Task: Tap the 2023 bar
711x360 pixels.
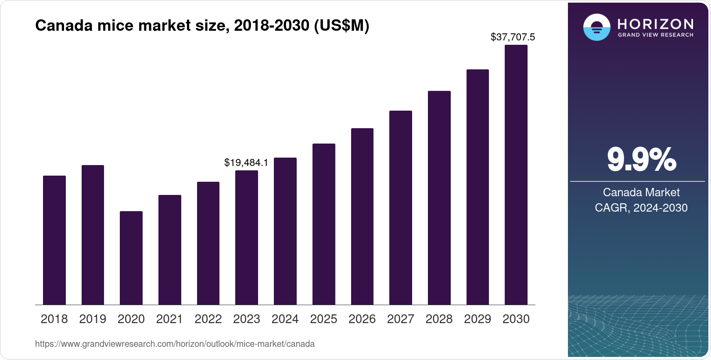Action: tap(246, 238)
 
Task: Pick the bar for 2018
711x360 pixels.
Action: tap(54, 240)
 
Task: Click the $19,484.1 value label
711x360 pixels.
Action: tap(246, 162)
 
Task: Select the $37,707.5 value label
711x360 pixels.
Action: tap(513, 37)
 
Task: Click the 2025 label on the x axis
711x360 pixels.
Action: tap(323, 319)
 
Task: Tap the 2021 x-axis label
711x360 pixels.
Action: tap(169, 319)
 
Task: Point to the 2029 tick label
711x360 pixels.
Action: tap(478, 319)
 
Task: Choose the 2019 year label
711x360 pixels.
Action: tap(93, 319)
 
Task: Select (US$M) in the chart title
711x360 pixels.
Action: tap(341, 26)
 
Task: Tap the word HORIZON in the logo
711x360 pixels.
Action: tap(655, 24)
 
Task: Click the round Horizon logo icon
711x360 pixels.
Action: tap(596, 27)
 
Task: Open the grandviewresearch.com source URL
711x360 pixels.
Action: tap(175, 344)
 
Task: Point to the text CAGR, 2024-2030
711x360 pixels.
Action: tap(641, 208)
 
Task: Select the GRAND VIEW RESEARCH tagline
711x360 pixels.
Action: tap(655, 35)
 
